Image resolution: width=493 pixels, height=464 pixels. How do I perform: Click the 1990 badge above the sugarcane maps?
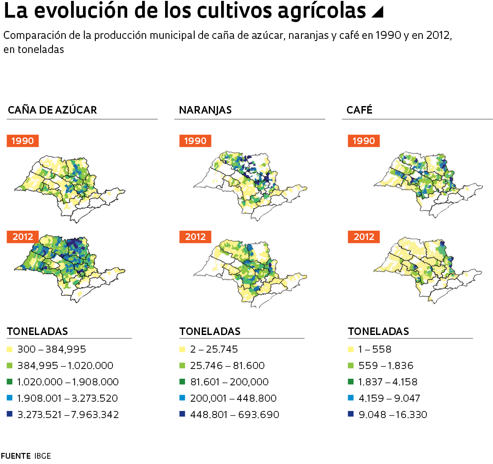(x=23, y=141)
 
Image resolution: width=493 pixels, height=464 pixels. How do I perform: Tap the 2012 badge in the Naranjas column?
(x=195, y=237)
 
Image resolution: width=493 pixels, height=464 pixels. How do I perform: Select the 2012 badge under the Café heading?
(x=364, y=237)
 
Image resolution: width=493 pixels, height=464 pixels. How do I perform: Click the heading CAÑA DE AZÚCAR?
(x=52, y=110)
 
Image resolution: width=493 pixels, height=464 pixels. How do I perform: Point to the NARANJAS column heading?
(x=205, y=110)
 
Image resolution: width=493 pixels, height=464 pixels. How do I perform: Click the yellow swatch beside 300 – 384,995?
(x=9, y=350)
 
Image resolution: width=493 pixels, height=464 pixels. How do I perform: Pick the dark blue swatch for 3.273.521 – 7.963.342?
(x=9, y=415)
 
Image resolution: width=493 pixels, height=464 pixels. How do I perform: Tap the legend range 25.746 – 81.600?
(x=227, y=366)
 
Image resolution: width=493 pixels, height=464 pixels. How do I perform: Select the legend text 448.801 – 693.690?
(x=234, y=415)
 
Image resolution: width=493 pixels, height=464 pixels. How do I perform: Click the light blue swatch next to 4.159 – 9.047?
(x=350, y=398)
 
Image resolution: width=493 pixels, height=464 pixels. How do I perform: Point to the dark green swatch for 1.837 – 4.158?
(x=350, y=382)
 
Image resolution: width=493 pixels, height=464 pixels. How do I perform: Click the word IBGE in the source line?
(x=42, y=456)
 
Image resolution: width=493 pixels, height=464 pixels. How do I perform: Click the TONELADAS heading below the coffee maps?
(x=378, y=331)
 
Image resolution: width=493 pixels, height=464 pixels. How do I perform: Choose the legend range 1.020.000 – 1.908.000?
(x=68, y=382)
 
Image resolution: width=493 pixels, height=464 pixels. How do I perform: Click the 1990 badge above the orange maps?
(x=195, y=141)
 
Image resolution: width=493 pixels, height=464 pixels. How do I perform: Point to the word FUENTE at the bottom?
(x=15, y=456)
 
